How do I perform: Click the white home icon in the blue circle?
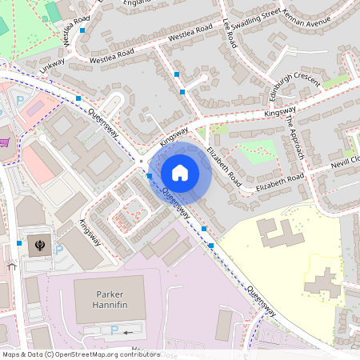(x=180, y=172)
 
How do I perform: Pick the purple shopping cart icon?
(x=5, y=142)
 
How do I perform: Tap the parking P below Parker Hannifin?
(x=113, y=330)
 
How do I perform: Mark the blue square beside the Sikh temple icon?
(x=18, y=242)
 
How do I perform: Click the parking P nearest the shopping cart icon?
(x=20, y=101)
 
